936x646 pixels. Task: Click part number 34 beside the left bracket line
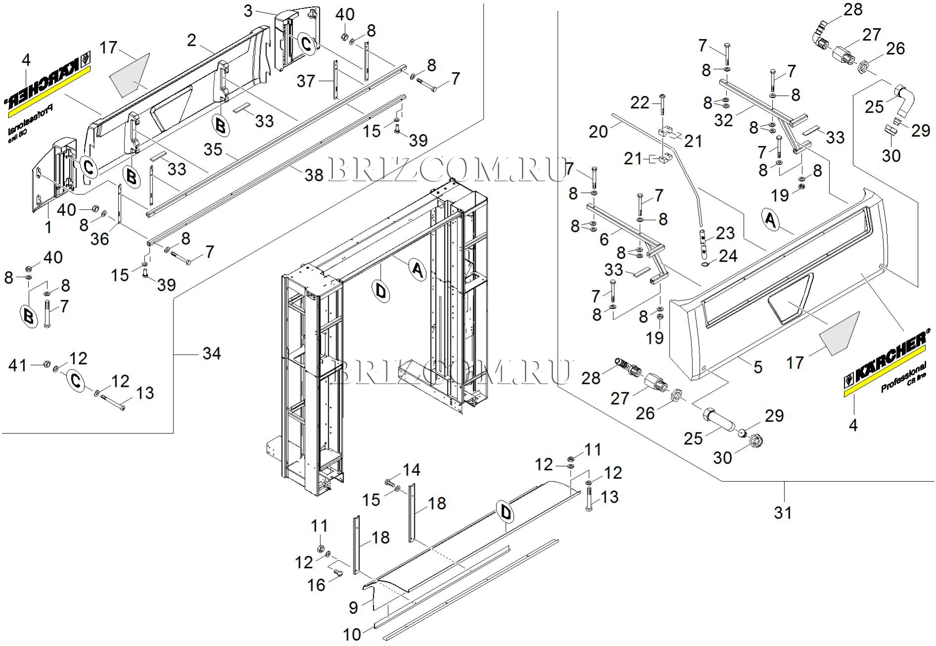(x=212, y=353)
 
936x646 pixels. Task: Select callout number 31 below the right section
(x=783, y=513)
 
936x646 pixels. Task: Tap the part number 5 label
(x=758, y=367)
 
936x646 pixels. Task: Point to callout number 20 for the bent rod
(x=598, y=131)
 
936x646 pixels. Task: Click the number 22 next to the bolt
(x=639, y=103)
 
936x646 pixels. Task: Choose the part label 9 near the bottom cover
(x=353, y=607)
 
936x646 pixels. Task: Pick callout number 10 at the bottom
(x=352, y=634)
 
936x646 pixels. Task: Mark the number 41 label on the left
(x=17, y=366)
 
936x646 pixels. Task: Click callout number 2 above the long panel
(x=192, y=40)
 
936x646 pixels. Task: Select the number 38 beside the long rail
(x=314, y=175)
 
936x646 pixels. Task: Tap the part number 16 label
(x=316, y=585)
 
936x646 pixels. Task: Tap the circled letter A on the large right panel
(x=770, y=219)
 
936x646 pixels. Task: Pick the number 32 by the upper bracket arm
(x=723, y=120)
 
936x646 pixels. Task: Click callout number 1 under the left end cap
(x=48, y=227)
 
